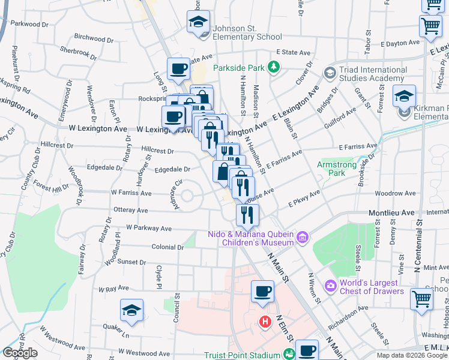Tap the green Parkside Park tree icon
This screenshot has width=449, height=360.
point(274,65)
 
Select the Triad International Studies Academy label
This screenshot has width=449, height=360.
point(373,74)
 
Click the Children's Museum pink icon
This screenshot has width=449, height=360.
point(303,238)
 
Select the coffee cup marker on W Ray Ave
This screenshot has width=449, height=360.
point(262,292)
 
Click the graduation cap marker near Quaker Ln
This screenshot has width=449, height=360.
point(131,310)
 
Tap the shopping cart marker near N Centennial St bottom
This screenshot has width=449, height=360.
point(422,298)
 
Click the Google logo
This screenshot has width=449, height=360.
point(20,352)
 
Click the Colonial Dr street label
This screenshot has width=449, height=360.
point(167,247)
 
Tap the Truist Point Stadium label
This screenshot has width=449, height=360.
point(243,355)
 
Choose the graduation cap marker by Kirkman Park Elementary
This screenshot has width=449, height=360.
point(404,96)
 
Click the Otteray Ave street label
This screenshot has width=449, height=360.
point(130,211)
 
